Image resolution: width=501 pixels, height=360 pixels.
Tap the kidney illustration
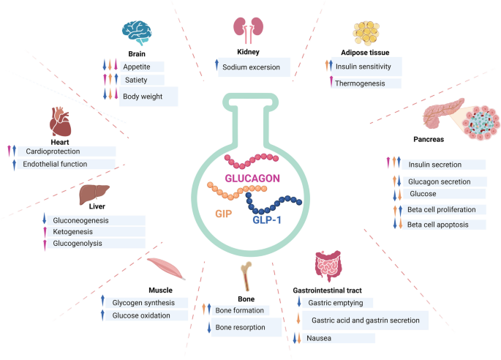point(247,28)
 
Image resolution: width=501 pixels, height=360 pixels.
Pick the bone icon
point(246,277)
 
